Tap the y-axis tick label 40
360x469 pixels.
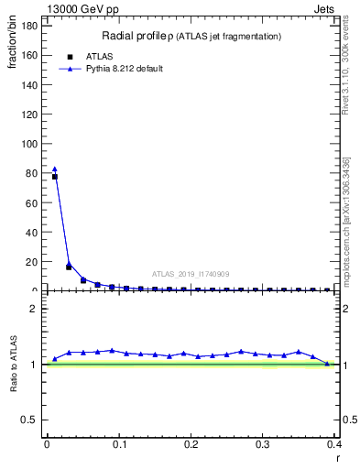click(30, 233)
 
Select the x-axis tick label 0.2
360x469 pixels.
click(191, 443)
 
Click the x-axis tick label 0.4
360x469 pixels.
click(335, 443)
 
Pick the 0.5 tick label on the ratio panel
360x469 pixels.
click(28, 420)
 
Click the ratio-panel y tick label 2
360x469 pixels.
click(34, 309)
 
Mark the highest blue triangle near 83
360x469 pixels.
click(54, 169)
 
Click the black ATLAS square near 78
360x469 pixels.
click(55, 177)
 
